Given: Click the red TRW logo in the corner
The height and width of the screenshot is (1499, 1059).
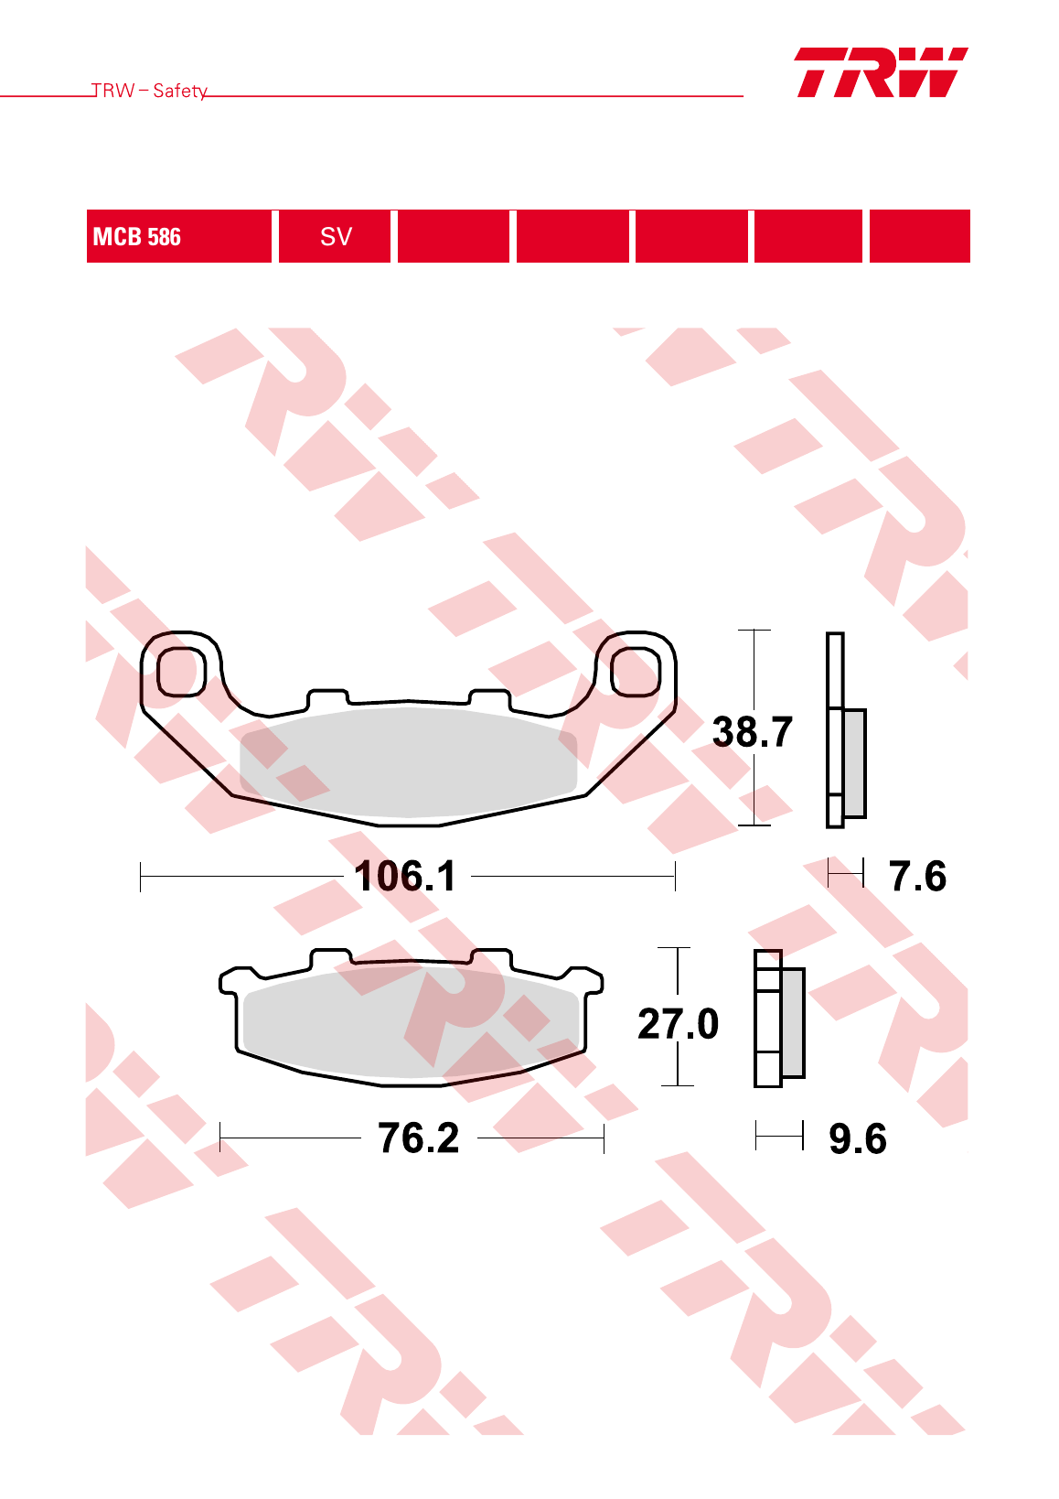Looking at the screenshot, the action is click(x=881, y=72).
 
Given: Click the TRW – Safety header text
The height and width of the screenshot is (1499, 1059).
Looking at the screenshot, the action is click(x=149, y=91).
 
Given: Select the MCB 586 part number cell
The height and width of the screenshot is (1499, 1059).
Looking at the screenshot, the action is click(x=178, y=236).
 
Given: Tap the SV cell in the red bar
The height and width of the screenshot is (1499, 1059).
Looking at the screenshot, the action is click(x=335, y=236).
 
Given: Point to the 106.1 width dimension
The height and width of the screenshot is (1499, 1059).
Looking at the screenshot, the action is click(x=405, y=876).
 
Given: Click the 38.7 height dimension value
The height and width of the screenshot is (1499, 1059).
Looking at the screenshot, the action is click(x=753, y=731).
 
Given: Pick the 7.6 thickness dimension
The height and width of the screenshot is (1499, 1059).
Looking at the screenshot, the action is click(x=917, y=876).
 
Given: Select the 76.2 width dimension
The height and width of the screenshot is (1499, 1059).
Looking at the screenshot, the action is click(x=419, y=1138).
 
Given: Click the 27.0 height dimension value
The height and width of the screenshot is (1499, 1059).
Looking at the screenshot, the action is click(x=678, y=1023).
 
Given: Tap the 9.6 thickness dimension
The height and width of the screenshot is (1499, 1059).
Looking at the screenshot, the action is click(x=858, y=1138).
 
